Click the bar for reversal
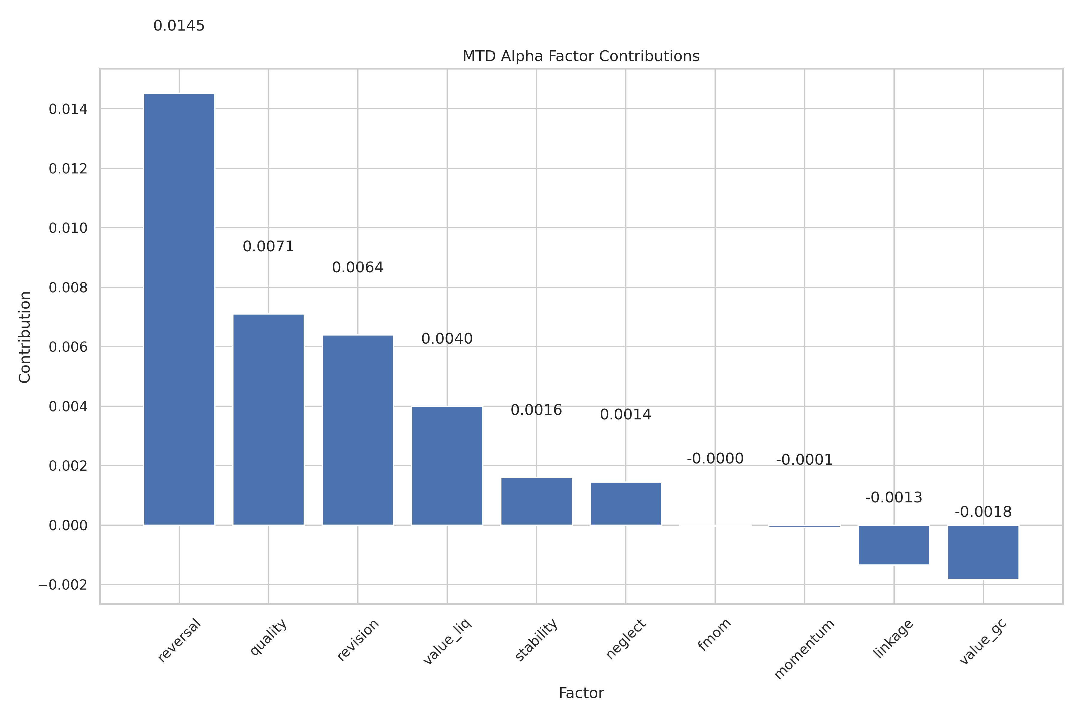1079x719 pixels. pos(179,309)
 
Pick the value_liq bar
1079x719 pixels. pos(447,466)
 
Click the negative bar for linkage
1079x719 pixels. pos(894,545)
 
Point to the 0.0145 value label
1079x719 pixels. pos(179,26)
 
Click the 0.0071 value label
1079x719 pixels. pos(268,247)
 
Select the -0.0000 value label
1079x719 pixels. pos(715,459)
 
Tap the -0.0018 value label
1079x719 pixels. pos(983,512)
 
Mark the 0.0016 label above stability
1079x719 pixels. pos(536,410)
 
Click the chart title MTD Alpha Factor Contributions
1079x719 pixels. pos(581,56)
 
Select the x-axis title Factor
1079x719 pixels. pos(581,693)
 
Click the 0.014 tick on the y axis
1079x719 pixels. pos(68,109)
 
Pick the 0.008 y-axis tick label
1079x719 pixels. pos(68,288)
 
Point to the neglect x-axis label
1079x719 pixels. pos(625,639)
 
